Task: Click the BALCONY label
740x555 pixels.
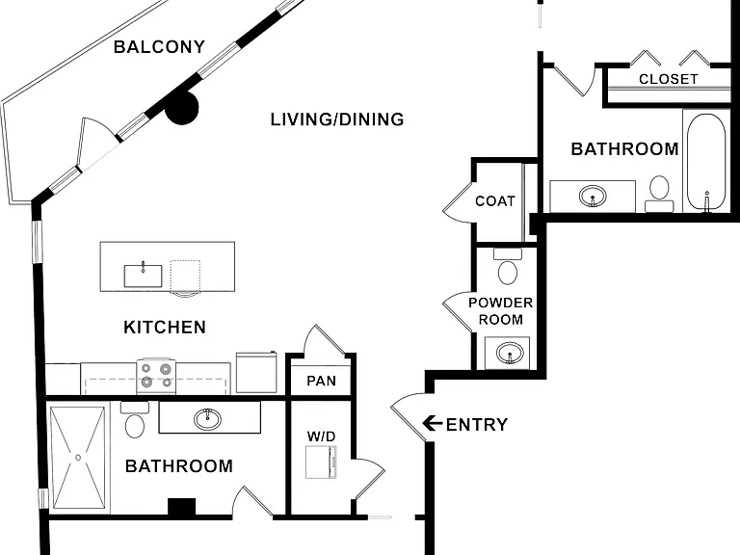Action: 160,46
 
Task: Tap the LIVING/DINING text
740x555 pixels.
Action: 337,119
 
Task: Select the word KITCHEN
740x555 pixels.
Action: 165,327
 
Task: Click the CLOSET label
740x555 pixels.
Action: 669,79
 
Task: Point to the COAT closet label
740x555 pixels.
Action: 494,201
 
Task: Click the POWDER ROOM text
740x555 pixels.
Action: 501,311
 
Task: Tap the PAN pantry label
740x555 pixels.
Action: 321,381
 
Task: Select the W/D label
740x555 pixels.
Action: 321,436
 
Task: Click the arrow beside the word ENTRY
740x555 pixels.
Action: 432,423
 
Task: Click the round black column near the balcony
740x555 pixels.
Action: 182,108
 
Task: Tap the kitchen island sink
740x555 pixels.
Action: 143,276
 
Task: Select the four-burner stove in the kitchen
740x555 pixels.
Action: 156,376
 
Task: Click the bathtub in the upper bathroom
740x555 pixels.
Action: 706,162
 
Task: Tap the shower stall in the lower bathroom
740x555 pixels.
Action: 78,458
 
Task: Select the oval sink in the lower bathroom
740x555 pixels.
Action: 207,418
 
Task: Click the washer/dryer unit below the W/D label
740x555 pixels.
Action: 321,462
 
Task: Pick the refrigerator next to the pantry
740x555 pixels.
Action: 256,372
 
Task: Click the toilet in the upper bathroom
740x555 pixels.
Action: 659,194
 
